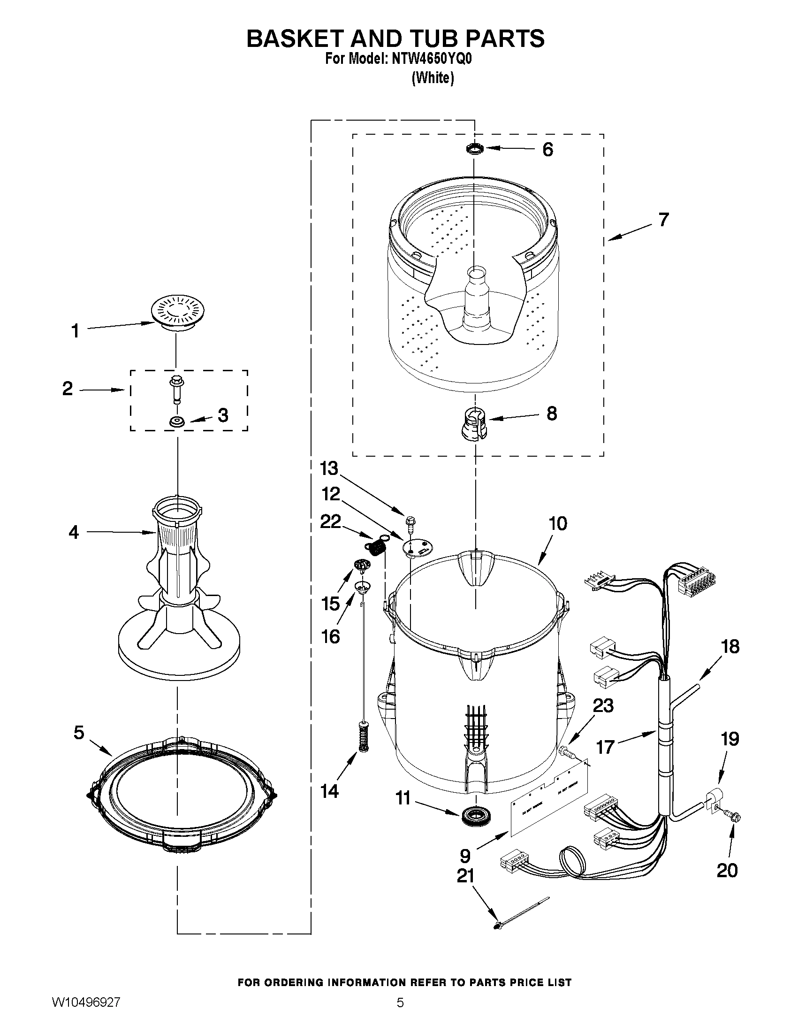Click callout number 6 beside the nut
[547, 149]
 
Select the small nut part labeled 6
[474, 149]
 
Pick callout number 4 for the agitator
[74, 532]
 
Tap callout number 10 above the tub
[557, 524]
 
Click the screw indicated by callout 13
[410, 522]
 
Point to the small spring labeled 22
[376, 547]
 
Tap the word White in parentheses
[433, 78]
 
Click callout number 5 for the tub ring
[79, 733]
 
